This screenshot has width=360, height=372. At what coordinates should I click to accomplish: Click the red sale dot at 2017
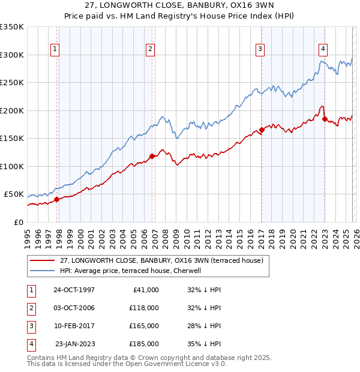click(x=262, y=130)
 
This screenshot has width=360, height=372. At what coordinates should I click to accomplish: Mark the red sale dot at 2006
click(x=152, y=156)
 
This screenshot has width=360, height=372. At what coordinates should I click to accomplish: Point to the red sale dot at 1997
click(x=57, y=199)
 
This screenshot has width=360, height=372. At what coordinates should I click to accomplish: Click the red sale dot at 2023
click(x=325, y=119)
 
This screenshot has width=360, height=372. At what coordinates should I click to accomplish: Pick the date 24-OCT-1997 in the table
click(x=74, y=290)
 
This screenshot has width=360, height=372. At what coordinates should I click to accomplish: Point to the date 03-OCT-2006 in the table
click(x=74, y=308)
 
